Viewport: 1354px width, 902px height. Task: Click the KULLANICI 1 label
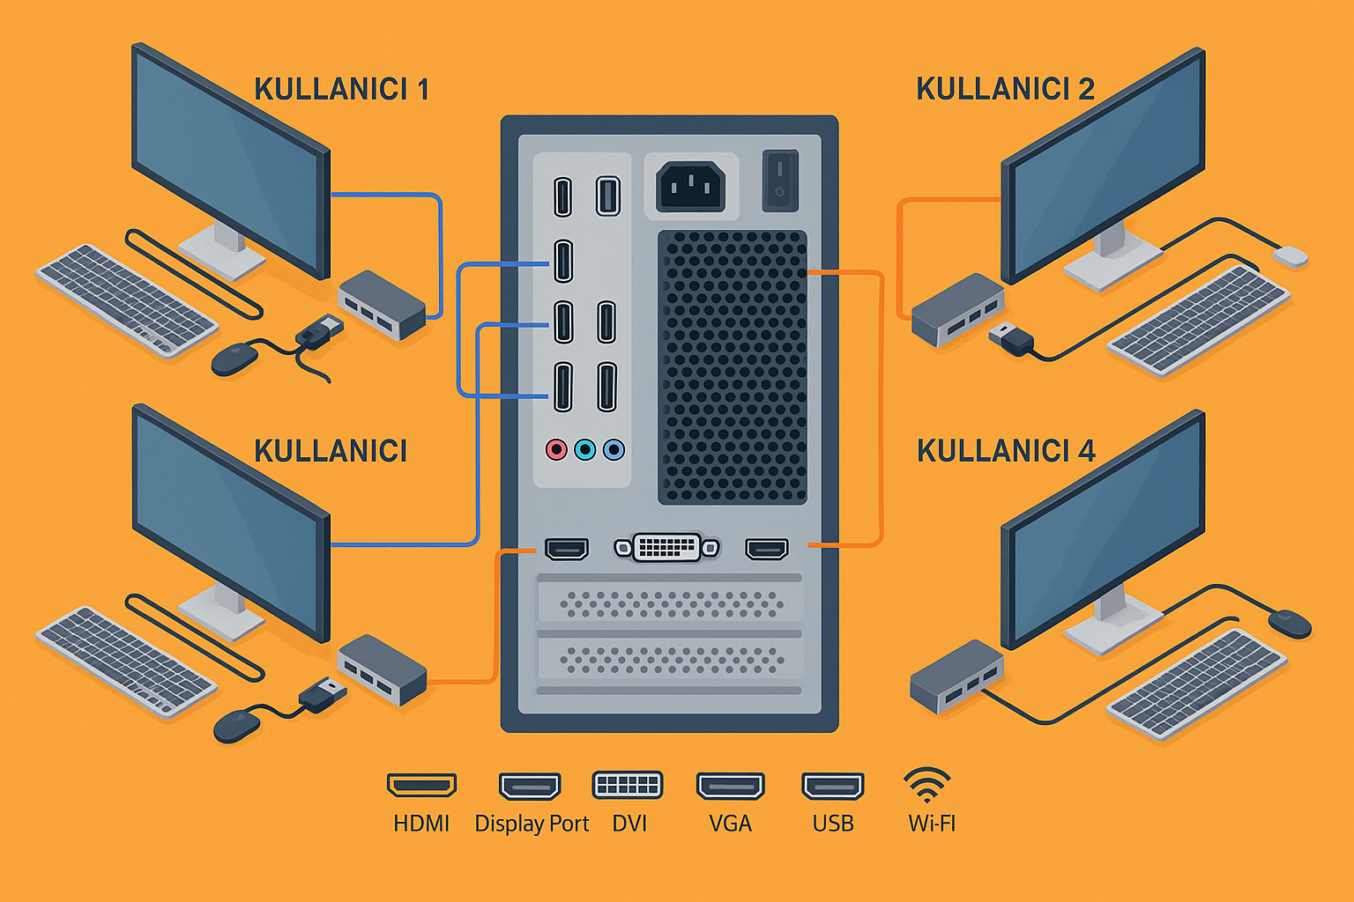pos(341,89)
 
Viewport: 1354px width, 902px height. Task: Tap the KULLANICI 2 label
pos(1005,89)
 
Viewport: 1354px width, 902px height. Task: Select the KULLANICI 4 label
pos(1006,451)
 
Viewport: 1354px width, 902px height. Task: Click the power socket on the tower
pos(690,186)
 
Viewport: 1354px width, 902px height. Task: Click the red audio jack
pos(556,450)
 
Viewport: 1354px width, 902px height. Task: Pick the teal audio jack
pos(584,450)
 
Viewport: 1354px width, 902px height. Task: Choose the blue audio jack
pos(614,450)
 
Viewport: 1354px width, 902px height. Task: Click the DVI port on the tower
pos(667,548)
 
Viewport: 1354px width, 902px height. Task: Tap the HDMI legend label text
pos(421,824)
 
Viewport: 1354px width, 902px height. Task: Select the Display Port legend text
pos(532,824)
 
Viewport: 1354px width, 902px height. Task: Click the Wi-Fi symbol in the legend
pos(927,783)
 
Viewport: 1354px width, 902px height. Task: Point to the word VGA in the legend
pos(730,824)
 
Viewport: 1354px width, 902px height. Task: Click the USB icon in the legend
pos(832,785)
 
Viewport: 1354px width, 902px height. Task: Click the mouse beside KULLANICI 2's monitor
pos(1291,256)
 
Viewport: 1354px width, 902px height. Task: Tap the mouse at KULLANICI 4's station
pos(1290,624)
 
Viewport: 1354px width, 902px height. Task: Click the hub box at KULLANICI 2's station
pos(957,308)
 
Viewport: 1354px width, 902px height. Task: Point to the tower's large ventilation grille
pos(733,367)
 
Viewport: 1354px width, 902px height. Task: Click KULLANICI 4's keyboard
pos(1196,684)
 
